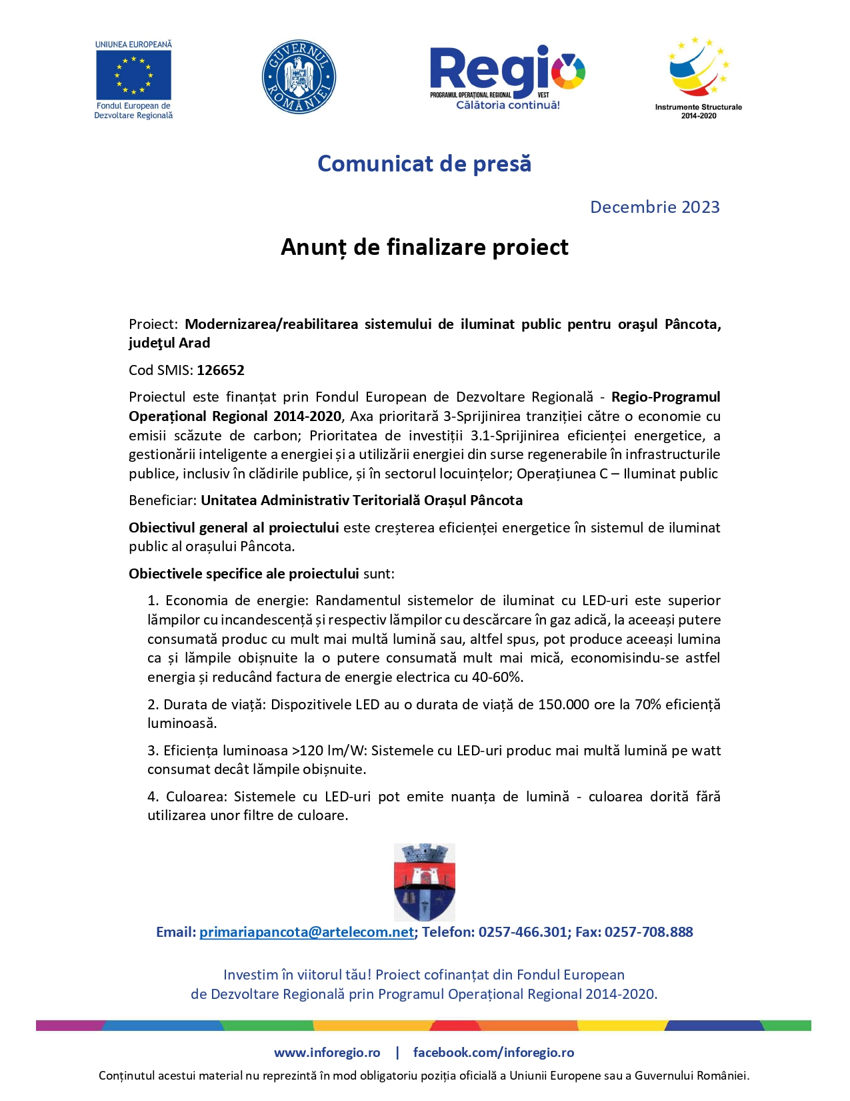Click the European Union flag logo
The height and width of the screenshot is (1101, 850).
pos(133,75)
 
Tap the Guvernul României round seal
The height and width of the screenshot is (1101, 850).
pos(299,77)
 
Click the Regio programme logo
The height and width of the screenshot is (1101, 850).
pos(507,77)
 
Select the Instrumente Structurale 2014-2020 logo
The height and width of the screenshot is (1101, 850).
pos(698,77)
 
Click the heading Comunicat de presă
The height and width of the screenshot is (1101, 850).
pos(424,164)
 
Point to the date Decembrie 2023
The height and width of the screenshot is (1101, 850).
pos(655,208)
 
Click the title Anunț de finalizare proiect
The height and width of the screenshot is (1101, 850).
pos(424,248)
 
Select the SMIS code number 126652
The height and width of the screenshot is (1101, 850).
pos(221,370)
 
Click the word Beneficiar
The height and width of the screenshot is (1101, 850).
pos(163,500)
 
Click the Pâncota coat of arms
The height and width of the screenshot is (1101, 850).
pos(425,882)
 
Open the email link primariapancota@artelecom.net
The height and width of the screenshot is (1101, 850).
pos(307,932)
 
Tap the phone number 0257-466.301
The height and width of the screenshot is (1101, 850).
pos(523,932)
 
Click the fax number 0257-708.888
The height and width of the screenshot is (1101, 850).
pos(649,932)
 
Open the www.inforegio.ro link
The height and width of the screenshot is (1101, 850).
pos(327,1053)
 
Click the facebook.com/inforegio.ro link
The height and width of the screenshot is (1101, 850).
pos(493,1053)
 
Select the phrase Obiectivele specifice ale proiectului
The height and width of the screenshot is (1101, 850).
pos(244,574)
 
